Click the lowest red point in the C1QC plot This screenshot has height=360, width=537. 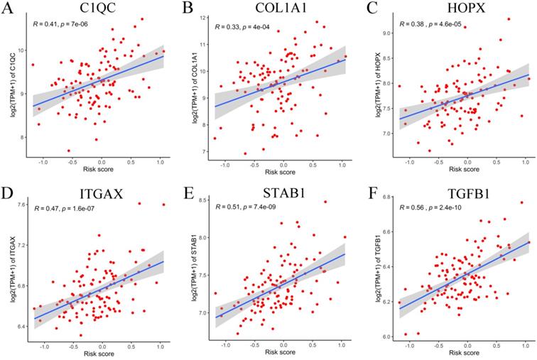coord(69,151)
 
